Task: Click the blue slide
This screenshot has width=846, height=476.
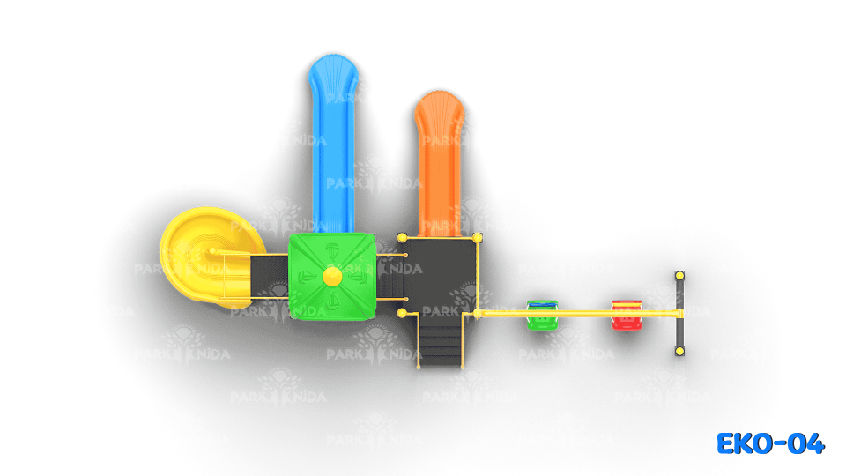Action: [x=333, y=145]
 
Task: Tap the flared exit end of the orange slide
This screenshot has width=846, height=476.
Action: [x=440, y=108]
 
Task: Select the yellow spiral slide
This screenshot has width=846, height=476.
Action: [x=208, y=257]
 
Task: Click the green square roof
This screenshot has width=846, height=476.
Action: [x=332, y=276]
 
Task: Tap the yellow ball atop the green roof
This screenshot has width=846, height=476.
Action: [x=332, y=276]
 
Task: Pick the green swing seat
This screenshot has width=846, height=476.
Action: [x=542, y=315]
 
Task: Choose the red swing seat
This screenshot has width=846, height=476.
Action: [x=627, y=315]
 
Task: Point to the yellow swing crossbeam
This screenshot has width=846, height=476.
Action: [x=578, y=313]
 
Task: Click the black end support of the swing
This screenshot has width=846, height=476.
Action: [x=679, y=314]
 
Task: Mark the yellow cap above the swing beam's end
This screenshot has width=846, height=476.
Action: [x=679, y=276]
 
